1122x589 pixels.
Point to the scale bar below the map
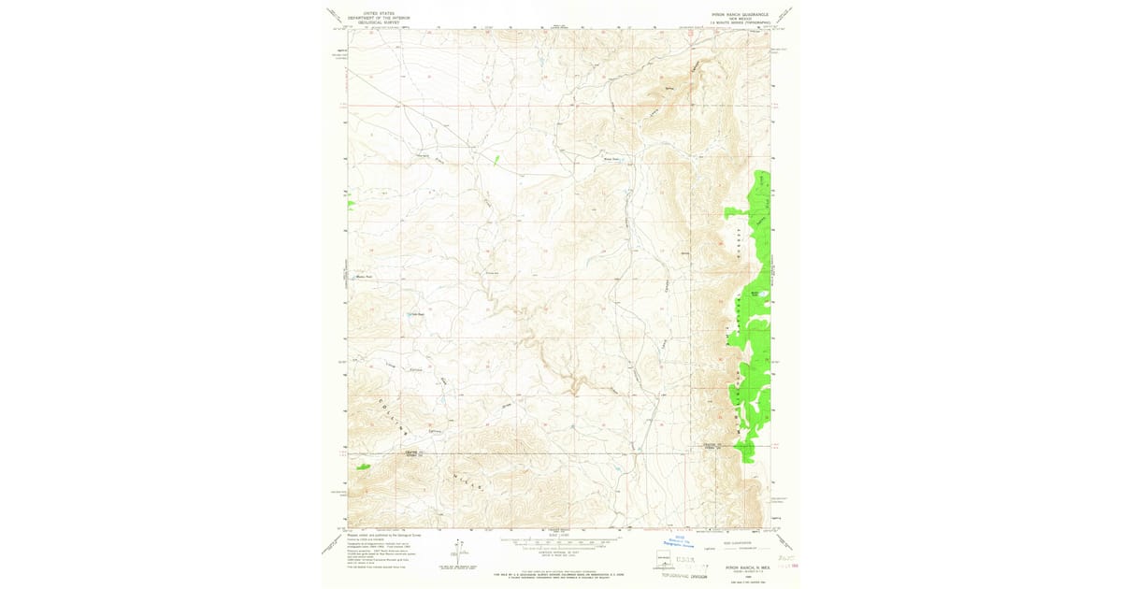coord(558,540)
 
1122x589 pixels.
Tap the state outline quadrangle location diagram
coord(664,558)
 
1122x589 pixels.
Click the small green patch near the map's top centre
coord(496,159)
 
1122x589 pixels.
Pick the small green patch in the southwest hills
coord(362,466)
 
